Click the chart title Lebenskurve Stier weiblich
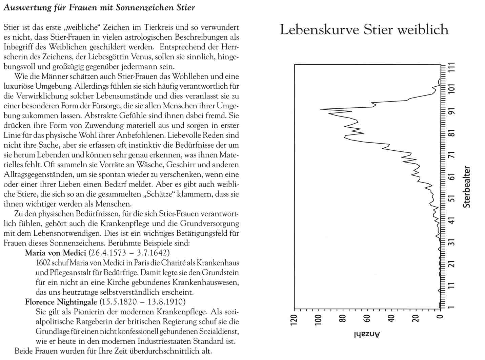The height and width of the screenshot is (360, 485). [x=364, y=30]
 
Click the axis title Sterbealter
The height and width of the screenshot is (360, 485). [x=467, y=187]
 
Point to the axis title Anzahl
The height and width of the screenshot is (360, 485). [x=367, y=334]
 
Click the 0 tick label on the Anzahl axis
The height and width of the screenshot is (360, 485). [x=440, y=317]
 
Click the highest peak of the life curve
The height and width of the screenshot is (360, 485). [x=321, y=109]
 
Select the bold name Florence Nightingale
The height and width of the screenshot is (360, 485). [x=61, y=302]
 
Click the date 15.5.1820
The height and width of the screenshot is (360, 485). [x=118, y=302]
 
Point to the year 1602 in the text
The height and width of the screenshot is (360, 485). [x=43, y=263]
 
